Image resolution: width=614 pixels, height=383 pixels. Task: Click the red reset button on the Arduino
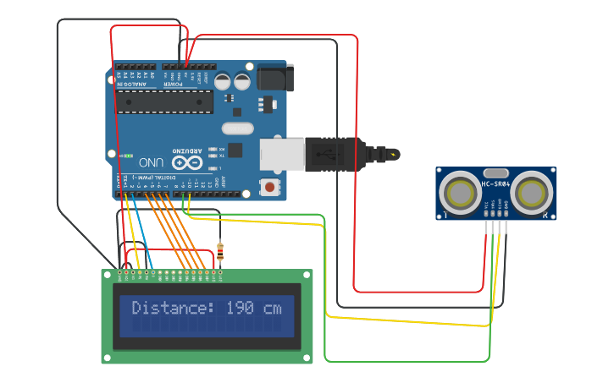[269, 186]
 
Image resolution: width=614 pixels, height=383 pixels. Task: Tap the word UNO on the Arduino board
[151, 161]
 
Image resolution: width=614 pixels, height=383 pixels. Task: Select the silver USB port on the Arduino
[281, 154]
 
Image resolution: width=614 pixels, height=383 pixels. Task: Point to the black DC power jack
[274, 78]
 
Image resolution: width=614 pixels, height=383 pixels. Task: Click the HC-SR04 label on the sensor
[496, 183]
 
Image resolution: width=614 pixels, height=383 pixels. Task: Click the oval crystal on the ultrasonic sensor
[496, 172]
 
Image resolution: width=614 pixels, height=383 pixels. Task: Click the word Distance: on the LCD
[174, 309]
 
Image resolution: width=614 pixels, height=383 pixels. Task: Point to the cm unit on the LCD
[272, 309]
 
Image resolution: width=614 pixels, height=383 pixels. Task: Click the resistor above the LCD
[221, 250]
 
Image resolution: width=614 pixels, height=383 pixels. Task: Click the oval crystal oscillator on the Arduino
[237, 129]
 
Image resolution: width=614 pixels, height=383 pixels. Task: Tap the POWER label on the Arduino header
[174, 83]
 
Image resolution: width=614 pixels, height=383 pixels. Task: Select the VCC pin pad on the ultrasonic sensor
[486, 205]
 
